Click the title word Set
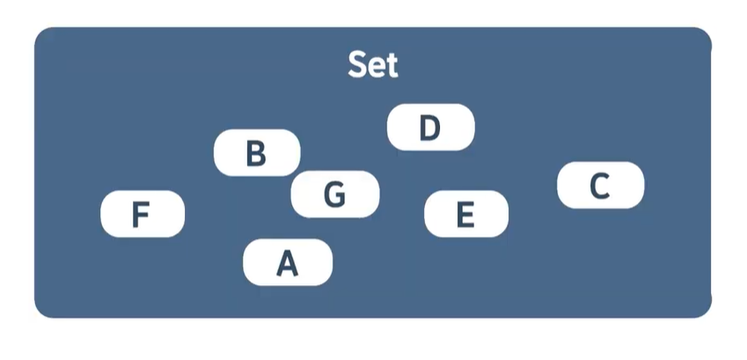click(373, 65)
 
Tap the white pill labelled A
click(288, 262)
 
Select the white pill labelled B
click(257, 152)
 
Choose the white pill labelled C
click(601, 185)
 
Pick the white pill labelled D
click(430, 128)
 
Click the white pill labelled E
click(466, 214)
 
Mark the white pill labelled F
click(143, 214)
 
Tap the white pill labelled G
click(334, 194)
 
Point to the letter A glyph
click(288, 262)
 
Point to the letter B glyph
click(256, 153)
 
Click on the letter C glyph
click(599, 186)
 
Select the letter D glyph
click(429, 128)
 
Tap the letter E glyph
click(465, 214)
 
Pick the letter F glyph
click(140, 215)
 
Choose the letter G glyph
click(334, 194)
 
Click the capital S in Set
click(357, 65)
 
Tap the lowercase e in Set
click(376, 67)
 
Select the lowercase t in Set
click(391, 66)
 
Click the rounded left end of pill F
click(107, 214)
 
